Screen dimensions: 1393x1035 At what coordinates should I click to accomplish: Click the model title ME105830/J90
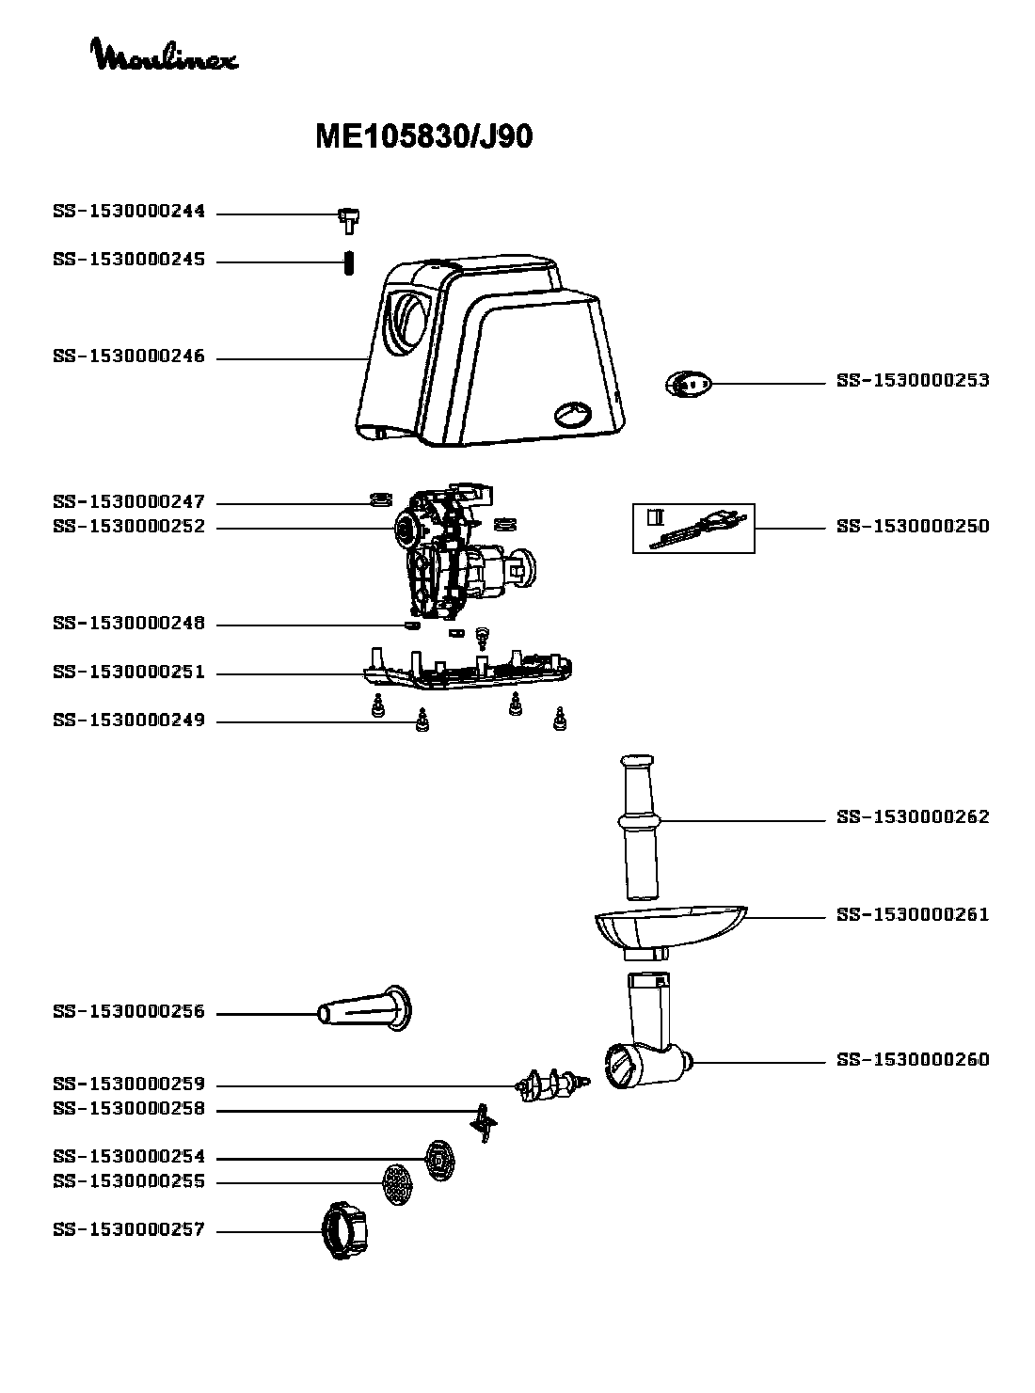423,137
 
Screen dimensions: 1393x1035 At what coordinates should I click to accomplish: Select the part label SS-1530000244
129,213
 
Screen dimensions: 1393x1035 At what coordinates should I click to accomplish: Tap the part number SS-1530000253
913,381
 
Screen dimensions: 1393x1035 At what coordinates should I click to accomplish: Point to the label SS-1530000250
913,527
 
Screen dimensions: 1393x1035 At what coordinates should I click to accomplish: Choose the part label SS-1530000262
913,817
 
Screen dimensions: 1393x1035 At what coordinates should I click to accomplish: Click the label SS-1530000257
129,1230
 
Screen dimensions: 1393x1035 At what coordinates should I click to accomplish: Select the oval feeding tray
668,926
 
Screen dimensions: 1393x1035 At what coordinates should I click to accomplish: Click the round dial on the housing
572,414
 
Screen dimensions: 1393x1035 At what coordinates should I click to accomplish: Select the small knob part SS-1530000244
351,218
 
